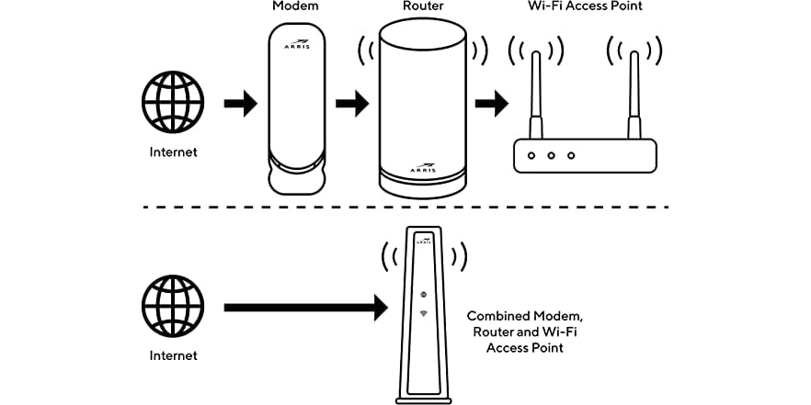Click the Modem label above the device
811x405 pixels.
(x=294, y=7)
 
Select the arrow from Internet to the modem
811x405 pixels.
(x=241, y=104)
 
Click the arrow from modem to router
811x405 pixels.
(x=351, y=104)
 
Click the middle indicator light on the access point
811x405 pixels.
(x=551, y=155)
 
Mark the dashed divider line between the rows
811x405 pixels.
(x=405, y=208)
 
